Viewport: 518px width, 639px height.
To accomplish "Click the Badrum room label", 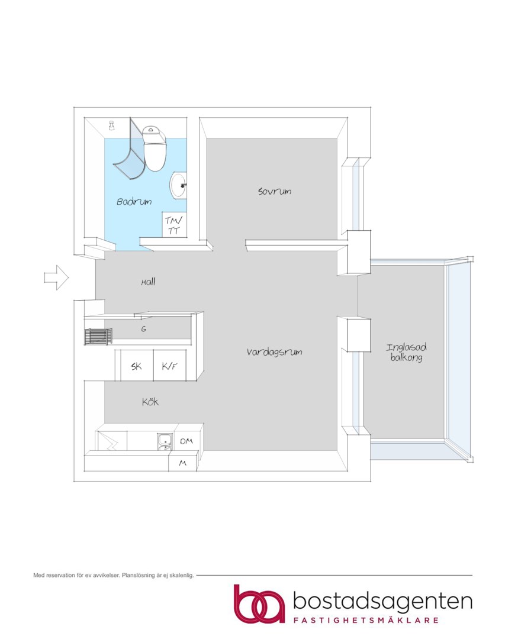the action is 134,201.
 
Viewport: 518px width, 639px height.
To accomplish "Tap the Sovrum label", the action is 275,191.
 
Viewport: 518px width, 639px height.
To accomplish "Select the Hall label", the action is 148,282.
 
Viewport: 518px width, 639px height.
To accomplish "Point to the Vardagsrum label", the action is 274,352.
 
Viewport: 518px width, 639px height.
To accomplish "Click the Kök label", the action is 150,402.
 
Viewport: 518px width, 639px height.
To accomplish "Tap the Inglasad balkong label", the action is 406,353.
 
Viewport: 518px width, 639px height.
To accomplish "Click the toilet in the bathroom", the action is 155,149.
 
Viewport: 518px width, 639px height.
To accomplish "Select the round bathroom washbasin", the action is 178,186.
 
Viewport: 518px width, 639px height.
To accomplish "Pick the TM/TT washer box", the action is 174,225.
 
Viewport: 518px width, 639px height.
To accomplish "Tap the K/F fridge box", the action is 170,366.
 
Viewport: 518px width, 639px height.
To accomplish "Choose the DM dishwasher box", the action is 186,441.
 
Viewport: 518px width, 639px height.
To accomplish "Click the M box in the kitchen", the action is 182,463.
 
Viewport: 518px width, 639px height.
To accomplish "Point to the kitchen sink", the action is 165,442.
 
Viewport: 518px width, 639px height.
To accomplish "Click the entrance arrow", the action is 56,277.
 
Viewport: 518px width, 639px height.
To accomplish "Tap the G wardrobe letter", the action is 144,329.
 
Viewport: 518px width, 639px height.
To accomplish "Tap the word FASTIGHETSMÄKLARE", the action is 366,620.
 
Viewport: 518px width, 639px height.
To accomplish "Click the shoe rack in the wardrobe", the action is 98,337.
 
